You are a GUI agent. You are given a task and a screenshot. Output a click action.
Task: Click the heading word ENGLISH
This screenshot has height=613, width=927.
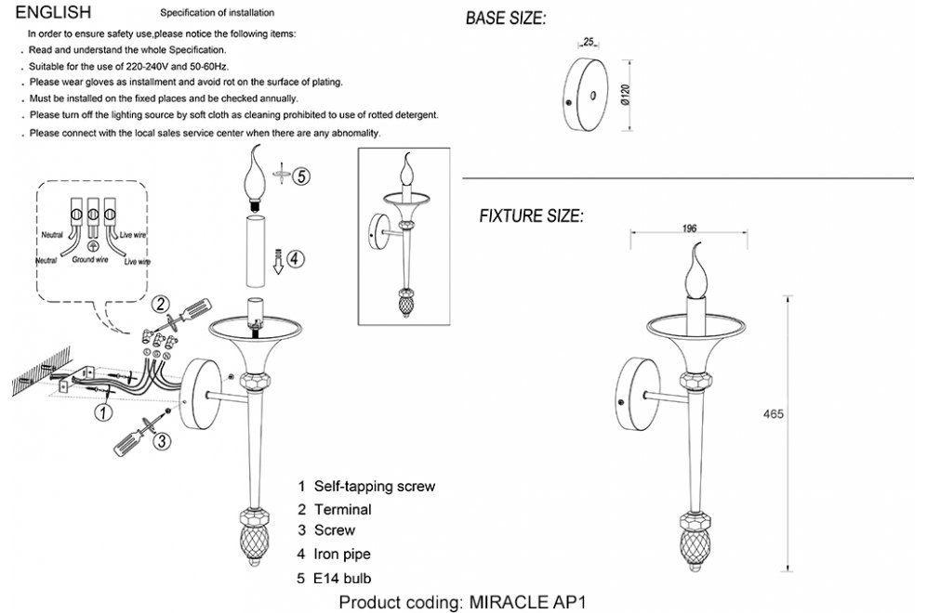53,12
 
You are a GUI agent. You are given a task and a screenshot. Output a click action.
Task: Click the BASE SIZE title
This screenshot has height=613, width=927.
506,19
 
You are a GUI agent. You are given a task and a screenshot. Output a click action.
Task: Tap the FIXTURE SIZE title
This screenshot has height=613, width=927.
531,216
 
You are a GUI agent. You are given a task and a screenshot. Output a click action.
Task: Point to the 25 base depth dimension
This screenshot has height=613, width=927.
589,42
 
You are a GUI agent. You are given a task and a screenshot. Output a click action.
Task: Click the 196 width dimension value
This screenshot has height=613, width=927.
689,228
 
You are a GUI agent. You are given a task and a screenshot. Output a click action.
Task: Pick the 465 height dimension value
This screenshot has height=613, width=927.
773,414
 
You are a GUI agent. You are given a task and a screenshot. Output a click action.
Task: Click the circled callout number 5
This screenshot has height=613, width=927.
301,176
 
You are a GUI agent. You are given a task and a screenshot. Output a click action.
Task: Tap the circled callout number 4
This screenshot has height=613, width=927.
296,258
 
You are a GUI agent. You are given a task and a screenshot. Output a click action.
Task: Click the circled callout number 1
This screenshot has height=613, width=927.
104,411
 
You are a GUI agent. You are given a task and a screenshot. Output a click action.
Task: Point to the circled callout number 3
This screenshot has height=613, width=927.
162,440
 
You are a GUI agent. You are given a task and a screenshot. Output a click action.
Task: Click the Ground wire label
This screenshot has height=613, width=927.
90,259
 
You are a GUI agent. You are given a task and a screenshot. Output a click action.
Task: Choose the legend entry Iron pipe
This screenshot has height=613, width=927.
335,554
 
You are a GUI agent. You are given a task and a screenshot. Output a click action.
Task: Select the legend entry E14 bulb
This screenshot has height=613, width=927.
335,578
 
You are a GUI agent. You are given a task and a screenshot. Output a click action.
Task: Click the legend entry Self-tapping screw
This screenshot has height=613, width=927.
366,486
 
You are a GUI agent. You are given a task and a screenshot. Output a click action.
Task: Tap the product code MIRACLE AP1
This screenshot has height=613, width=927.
527,603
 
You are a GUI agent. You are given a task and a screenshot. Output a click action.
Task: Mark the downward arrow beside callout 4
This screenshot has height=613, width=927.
278,262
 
